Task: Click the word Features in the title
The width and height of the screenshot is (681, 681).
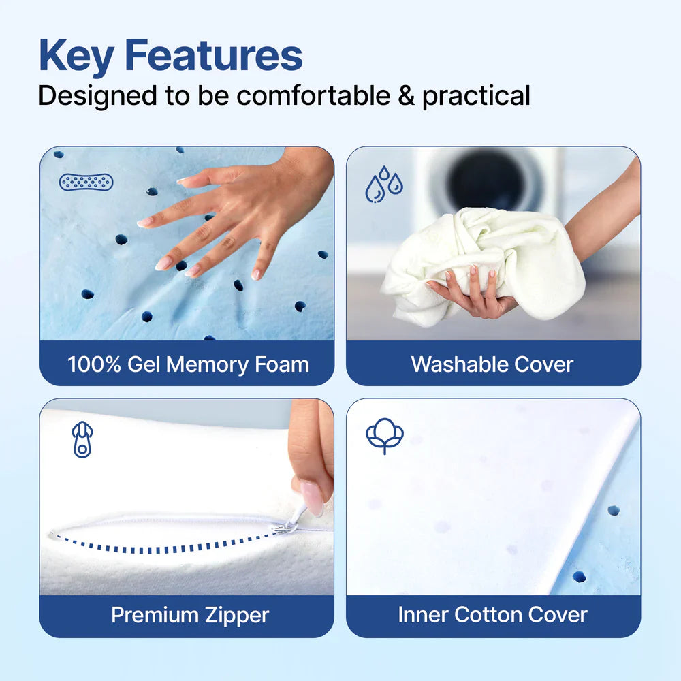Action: point(215,56)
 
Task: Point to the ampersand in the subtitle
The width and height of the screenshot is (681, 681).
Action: point(407,95)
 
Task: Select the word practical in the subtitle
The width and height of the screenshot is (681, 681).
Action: point(476,96)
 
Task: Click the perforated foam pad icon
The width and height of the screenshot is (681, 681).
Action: point(86,182)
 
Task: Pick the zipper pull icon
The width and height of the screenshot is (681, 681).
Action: point(82,439)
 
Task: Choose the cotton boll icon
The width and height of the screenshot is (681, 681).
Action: point(385,436)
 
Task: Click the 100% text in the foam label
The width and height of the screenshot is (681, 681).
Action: point(94,364)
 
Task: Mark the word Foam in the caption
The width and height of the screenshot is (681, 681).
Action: point(282,364)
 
